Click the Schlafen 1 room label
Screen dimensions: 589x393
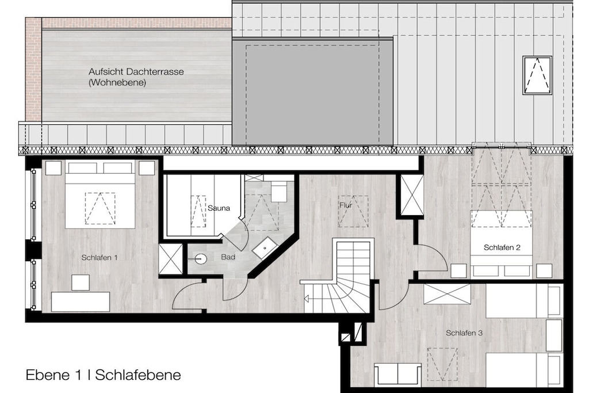pos(99,258)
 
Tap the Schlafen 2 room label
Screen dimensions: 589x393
pos(502,247)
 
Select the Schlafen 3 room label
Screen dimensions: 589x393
pos(464,333)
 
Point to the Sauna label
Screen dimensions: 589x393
pos(219,208)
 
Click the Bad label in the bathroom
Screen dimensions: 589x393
pos(228,257)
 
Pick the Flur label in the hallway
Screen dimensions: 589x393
pos(346,205)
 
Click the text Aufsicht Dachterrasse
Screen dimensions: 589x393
pos(136,71)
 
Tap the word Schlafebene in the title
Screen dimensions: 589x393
pos(138,375)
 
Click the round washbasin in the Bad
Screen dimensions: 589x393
pos(201,259)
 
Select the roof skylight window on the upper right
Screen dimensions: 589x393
pos(537,75)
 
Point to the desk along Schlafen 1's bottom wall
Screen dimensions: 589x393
pos(81,302)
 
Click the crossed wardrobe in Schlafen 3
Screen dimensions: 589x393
pos(447,294)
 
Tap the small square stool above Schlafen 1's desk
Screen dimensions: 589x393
pos(81,283)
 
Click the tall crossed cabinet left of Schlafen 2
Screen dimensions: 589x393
pos(412,196)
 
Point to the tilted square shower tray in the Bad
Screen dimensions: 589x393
pos(265,248)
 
